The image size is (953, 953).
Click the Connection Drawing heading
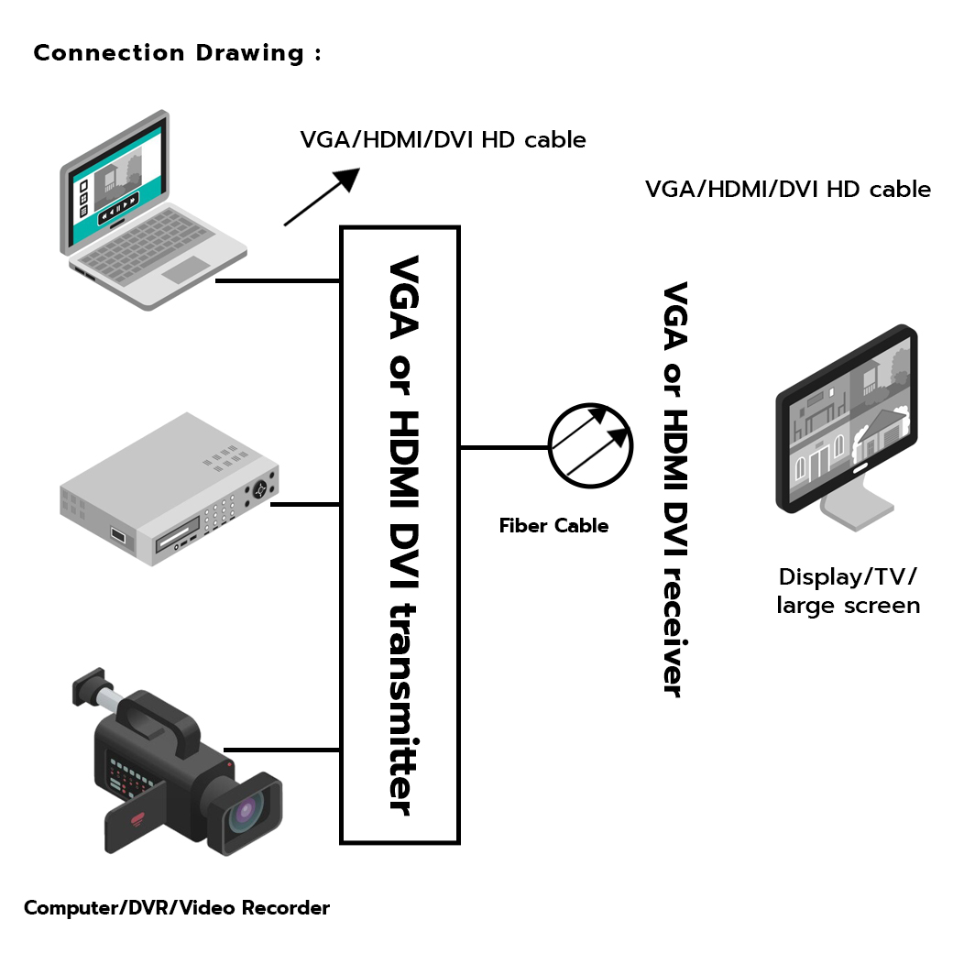(177, 53)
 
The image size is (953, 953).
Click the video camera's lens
(246, 812)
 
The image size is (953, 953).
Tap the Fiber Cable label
(553, 526)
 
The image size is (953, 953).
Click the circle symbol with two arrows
(590, 444)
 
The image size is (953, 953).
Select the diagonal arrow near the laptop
(321, 196)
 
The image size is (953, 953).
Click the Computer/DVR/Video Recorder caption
(176, 908)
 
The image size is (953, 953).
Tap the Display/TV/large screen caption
(848, 591)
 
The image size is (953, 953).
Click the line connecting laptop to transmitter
(278, 280)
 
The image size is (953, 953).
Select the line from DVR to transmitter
(305, 503)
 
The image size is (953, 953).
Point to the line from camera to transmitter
(282, 750)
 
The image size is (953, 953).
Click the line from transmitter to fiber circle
(503, 447)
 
